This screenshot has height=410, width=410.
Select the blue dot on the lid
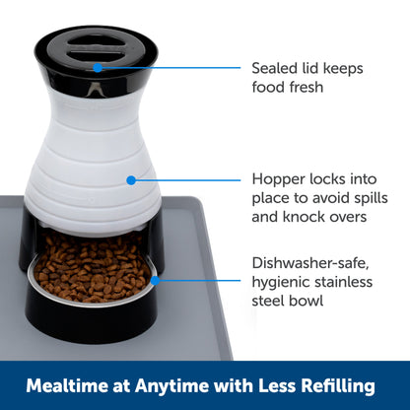[x=98, y=67]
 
